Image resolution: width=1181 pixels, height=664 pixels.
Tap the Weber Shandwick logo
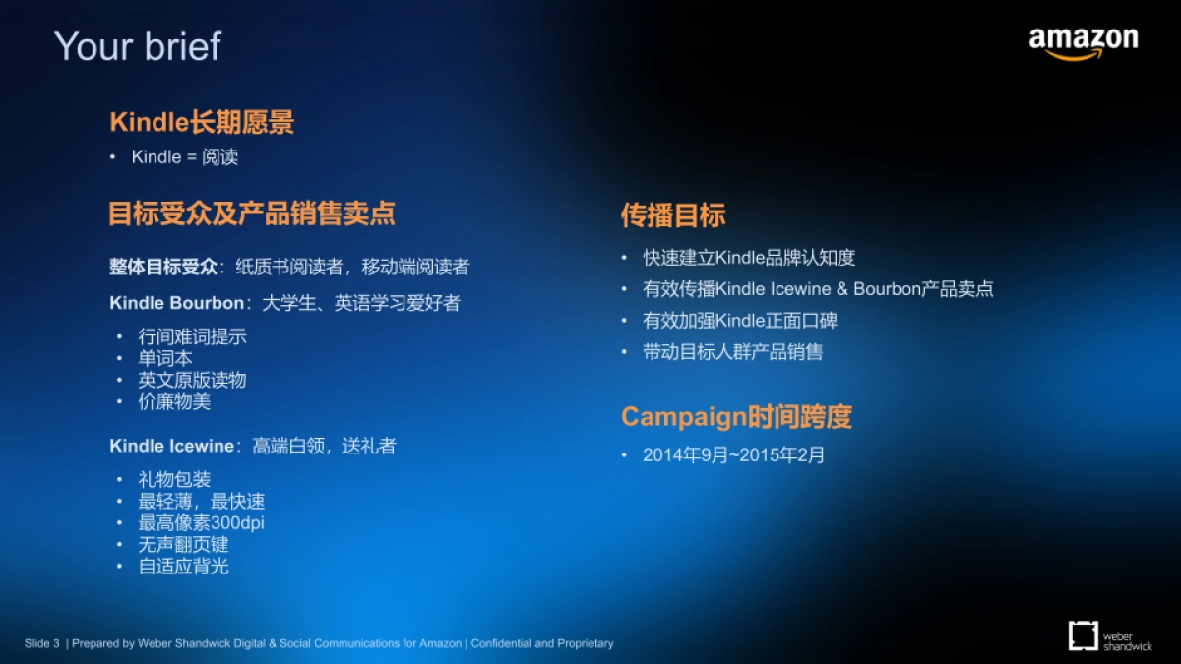tap(1109, 635)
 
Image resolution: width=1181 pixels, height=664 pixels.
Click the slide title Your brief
tap(138, 46)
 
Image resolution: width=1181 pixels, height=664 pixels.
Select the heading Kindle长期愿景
tap(202, 122)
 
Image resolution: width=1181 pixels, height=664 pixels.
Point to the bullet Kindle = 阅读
tap(185, 157)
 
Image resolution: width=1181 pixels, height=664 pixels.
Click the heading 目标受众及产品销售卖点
tap(252, 213)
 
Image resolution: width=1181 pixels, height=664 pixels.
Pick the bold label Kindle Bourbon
tap(162, 303)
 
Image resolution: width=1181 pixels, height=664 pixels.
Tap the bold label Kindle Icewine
tap(171, 446)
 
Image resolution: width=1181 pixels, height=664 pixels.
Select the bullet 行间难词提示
tap(192, 336)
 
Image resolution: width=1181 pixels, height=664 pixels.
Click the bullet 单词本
tap(165, 358)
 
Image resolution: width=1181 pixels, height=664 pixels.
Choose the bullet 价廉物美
tap(174, 401)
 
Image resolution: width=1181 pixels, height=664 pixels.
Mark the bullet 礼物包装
tap(174, 479)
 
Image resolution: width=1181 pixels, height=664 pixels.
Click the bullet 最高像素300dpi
tap(201, 522)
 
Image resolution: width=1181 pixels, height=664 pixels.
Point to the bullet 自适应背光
tap(183, 566)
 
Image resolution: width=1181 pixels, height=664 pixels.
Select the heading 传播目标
tap(673, 215)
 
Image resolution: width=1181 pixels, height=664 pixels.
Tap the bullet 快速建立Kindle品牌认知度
tap(749, 258)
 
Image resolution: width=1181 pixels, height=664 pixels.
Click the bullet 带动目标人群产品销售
tap(733, 351)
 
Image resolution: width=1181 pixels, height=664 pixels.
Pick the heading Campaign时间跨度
tap(736, 417)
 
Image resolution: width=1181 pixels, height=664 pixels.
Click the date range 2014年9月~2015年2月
tap(733, 454)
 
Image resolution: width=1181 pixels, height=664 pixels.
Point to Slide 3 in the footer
tap(42, 643)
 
